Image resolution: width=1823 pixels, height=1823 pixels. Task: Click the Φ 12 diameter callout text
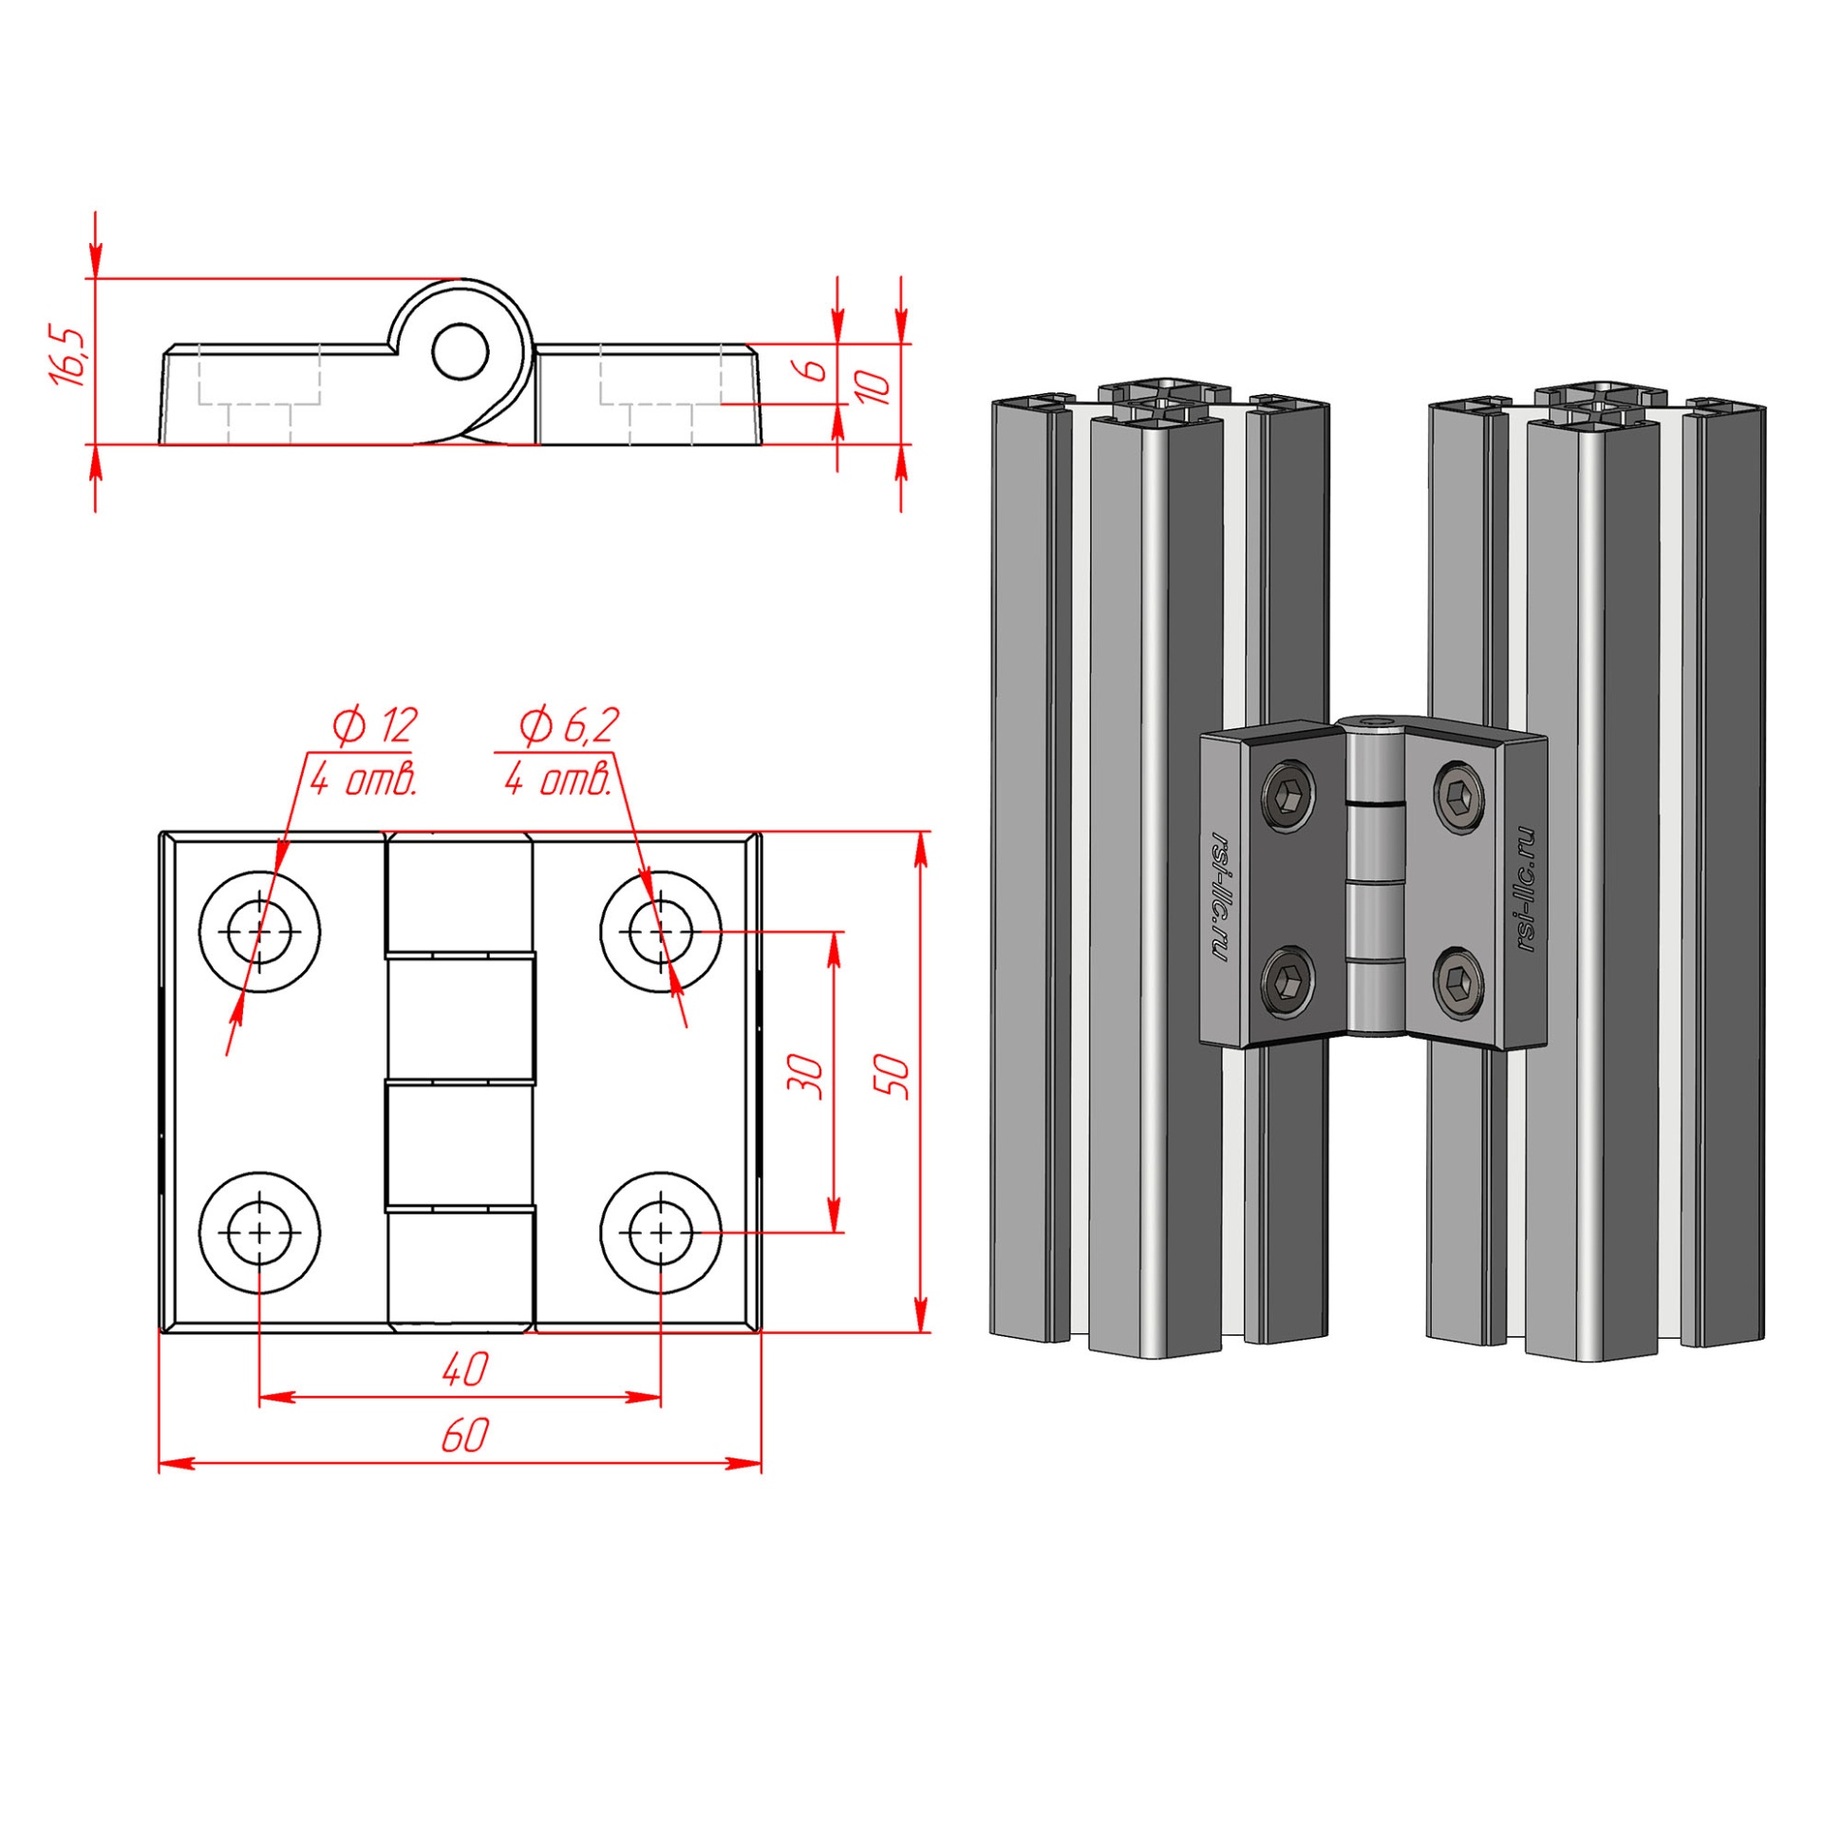coord(374,726)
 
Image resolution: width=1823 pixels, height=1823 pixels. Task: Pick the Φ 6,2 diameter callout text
coord(569,726)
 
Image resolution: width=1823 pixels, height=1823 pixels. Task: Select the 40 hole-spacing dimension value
coord(464,1369)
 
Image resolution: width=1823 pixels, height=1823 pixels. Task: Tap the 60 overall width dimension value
coord(464,1437)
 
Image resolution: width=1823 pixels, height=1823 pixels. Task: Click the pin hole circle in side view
coord(460,352)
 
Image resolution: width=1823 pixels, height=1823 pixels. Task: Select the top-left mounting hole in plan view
coord(259,932)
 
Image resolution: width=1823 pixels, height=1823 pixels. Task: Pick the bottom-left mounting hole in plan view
coord(259,1232)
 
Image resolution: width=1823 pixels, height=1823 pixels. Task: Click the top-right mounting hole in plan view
coord(661,932)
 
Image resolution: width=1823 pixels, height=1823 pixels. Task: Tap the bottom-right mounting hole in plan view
coord(661,1232)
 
